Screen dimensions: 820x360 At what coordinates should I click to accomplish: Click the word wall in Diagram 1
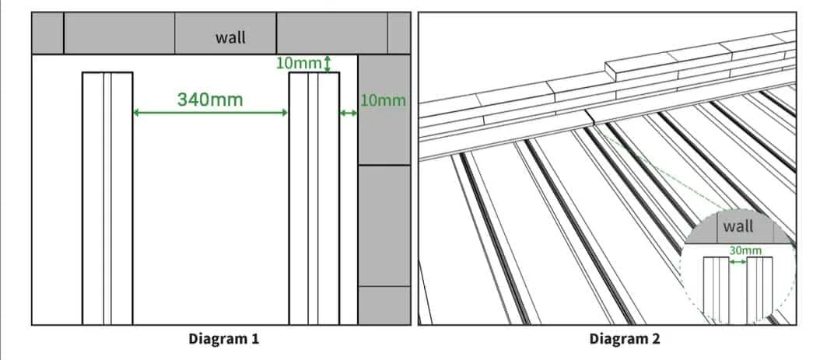pos(230,37)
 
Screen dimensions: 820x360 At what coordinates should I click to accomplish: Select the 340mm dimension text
pos(210,99)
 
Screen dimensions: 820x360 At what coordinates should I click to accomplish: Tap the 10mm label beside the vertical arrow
pos(299,64)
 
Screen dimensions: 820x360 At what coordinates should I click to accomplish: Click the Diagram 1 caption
pos(224,339)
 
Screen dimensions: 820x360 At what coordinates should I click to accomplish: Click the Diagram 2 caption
pos(625,339)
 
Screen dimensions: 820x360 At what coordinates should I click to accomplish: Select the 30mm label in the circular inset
pos(745,251)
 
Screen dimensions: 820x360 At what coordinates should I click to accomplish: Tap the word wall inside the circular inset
pos(738,227)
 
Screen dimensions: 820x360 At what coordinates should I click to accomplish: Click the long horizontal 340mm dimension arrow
pos(210,112)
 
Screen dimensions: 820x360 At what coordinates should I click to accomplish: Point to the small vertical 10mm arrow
pos(328,64)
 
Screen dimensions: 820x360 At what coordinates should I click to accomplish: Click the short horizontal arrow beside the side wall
pos(349,112)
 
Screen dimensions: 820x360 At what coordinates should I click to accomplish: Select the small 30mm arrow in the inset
pos(738,262)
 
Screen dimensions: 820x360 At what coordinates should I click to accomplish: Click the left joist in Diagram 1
pos(107,198)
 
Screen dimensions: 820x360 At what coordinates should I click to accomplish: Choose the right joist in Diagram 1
pos(314,198)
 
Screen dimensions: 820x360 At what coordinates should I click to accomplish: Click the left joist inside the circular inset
pos(716,289)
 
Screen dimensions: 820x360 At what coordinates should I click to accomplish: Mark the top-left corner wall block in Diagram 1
pos(47,33)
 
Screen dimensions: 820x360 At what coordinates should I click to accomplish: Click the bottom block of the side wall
pos(384,305)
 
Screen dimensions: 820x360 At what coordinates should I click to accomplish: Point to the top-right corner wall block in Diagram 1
pos(399,33)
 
